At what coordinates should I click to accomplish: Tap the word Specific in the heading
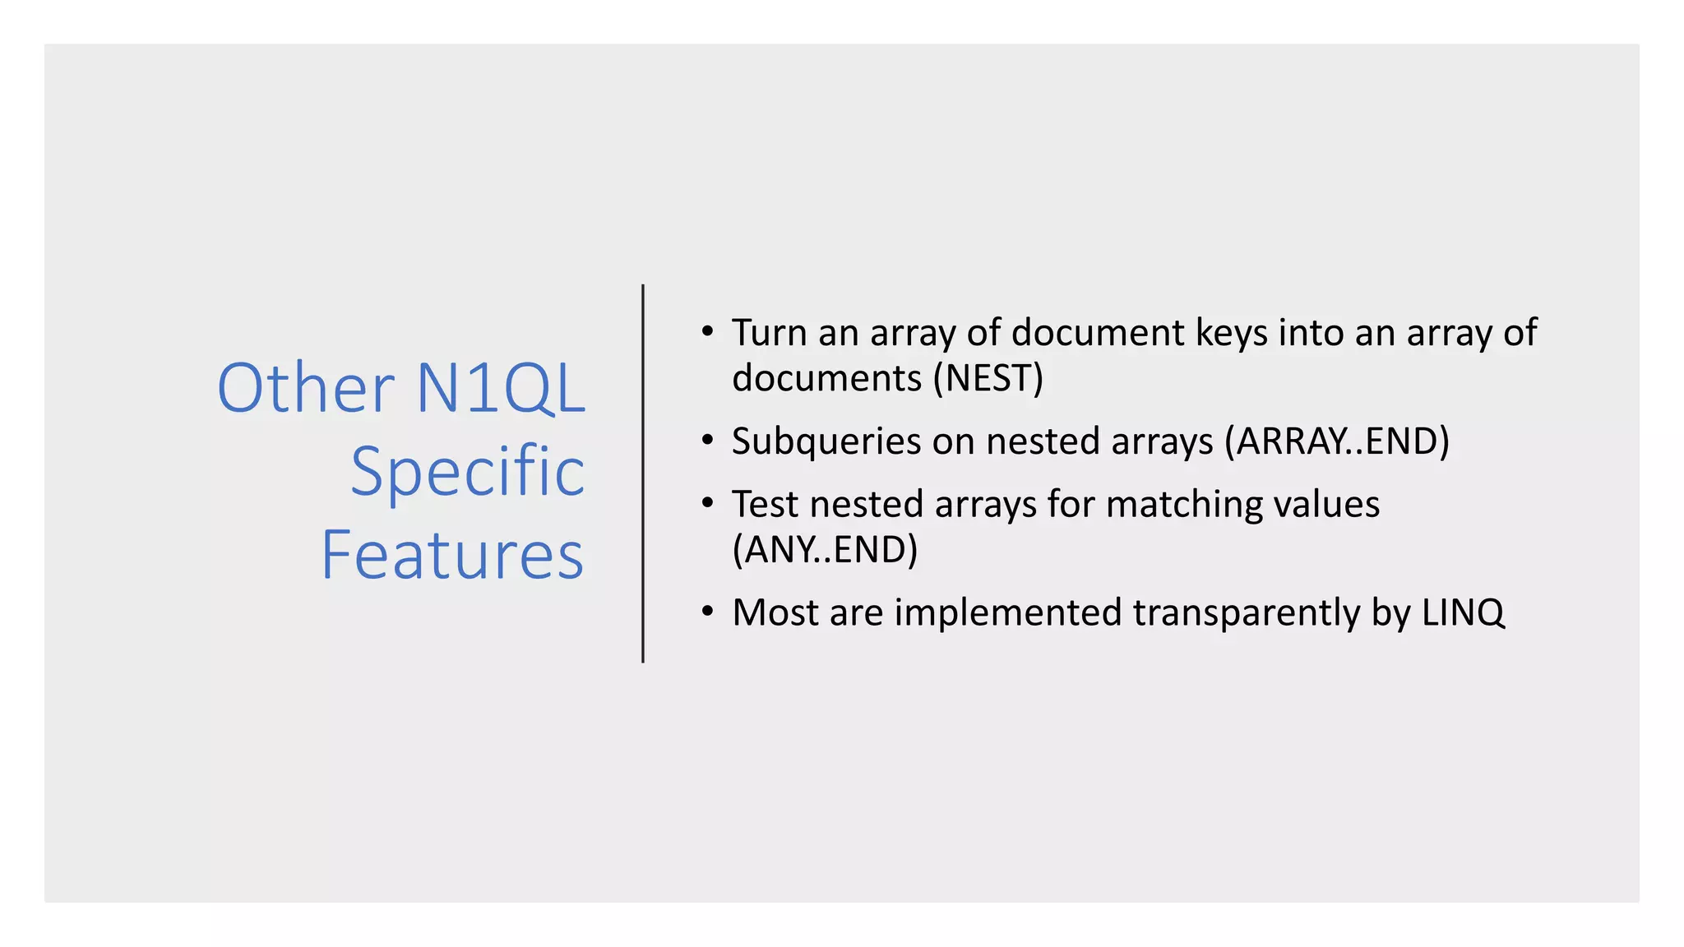click(x=467, y=471)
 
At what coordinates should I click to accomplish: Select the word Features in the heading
click(x=452, y=555)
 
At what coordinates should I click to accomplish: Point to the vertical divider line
click(x=643, y=473)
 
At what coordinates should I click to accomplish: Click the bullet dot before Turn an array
click(x=707, y=331)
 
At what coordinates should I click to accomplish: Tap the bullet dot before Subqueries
click(x=707, y=440)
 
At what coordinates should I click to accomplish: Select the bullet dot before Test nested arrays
click(x=707, y=502)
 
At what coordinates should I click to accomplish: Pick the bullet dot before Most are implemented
click(x=707, y=611)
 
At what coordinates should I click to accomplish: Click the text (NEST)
click(x=988, y=378)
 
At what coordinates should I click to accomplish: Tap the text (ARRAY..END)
click(x=1336, y=441)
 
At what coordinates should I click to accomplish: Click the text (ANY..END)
click(x=825, y=550)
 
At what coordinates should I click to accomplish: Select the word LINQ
click(x=1464, y=613)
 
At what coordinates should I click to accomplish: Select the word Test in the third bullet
click(x=765, y=504)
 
